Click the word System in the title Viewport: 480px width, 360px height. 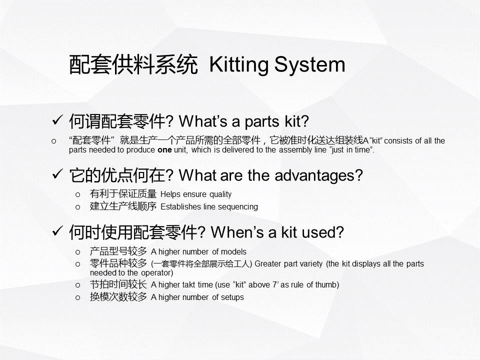[309, 65]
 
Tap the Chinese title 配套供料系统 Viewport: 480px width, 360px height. [133, 64]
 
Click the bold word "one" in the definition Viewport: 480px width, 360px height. [164, 150]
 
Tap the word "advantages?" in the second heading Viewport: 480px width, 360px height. [318, 175]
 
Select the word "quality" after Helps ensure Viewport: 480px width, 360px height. [220, 194]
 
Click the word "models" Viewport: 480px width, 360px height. [233, 251]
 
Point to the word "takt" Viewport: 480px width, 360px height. [189, 284]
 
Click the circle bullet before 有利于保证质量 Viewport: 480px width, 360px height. [78, 194]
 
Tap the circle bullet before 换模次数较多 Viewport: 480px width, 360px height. [78, 297]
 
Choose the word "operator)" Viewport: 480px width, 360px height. [157, 273]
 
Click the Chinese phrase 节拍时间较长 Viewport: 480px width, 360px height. [118, 284]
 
